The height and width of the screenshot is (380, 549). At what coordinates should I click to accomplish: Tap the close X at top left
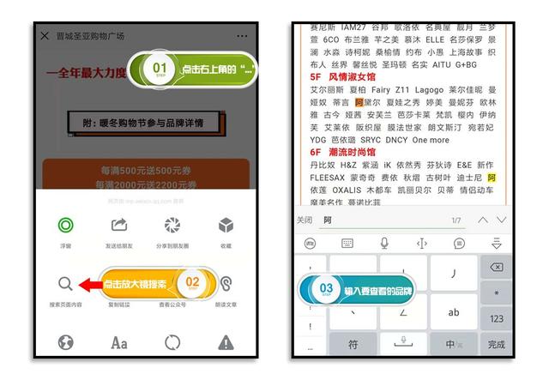(x=45, y=36)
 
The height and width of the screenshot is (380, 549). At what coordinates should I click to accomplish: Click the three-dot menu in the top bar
(x=242, y=36)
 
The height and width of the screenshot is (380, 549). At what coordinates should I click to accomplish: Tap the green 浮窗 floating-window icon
(x=65, y=226)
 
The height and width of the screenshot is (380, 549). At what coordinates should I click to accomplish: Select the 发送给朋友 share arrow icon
(x=119, y=226)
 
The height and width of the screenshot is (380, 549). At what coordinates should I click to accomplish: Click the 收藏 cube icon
(x=226, y=226)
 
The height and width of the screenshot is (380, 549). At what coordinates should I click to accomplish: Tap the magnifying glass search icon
(x=65, y=284)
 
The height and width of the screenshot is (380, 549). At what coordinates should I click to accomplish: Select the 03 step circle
(x=326, y=289)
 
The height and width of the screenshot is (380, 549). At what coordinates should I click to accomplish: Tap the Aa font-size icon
(x=119, y=343)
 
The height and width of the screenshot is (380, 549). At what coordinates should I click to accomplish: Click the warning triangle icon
(x=226, y=343)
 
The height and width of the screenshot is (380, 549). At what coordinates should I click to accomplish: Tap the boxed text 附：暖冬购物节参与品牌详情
(x=143, y=123)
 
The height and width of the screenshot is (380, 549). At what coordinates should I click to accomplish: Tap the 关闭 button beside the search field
(x=304, y=220)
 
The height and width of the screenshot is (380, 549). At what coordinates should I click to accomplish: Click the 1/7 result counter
(x=455, y=220)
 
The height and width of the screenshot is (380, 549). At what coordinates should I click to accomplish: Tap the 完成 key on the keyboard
(x=496, y=344)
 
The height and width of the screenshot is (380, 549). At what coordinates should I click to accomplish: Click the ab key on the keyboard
(x=454, y=312)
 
